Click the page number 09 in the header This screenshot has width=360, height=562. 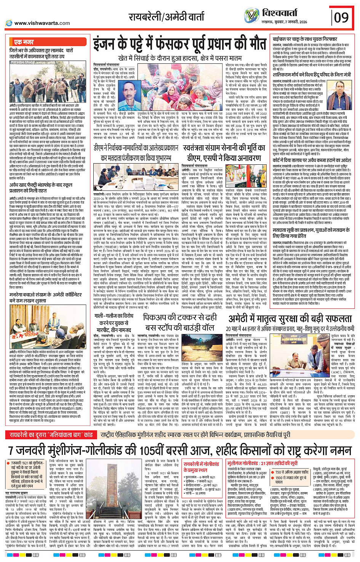[x=342, y=18]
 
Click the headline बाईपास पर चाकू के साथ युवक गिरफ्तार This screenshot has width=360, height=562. [x=305, y=40]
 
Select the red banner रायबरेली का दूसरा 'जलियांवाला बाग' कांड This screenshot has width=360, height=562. [x=51, y=435]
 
